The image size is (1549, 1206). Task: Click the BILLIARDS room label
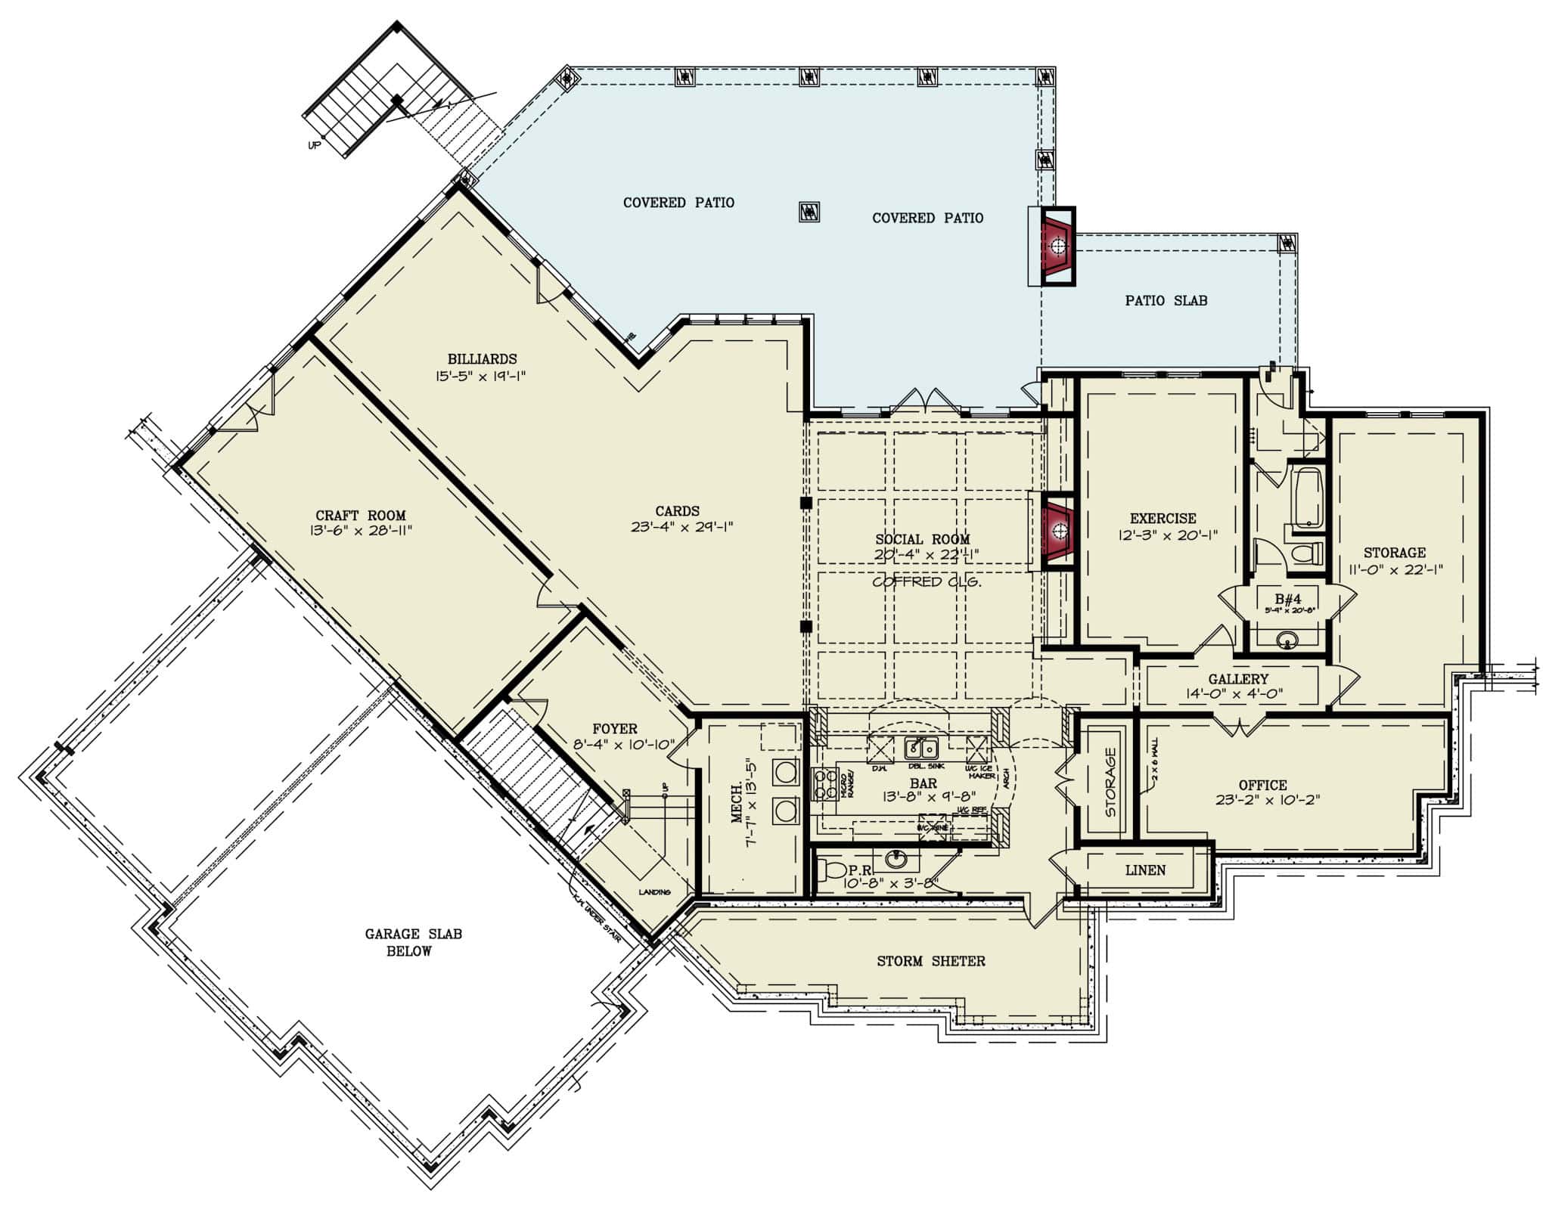pyautogui.click(x=482, y=359)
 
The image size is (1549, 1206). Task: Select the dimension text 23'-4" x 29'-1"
pyautogui.click(x=681, y=527)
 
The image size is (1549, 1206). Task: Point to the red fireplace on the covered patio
pyautogui.click(x=1058, y=246)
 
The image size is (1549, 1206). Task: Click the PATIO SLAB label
pyautogui.click(x=1166, y=301)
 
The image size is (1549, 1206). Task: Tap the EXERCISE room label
pyautogui.click(x=1163, y=519)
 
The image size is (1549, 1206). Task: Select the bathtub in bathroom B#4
pyautogui.click(x=1306, y=498)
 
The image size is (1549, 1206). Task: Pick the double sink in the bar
pyautogui.click(x=921, y=749)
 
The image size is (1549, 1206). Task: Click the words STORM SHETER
pyautogui.click(x=930, y=961)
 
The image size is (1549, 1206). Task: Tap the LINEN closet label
pyautogui.click(x=1145, y=870)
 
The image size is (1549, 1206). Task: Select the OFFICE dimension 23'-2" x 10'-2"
pyautogui.click(x=1268, y=800)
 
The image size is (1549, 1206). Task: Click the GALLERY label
pyautogui.click(x=1237, y=679)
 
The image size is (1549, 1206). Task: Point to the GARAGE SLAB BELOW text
pyautogui.click(x=413, y=942)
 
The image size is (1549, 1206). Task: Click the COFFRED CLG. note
pyautogui.click(x=927, y=581)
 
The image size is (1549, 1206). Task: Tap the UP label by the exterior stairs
pyautogui.click(x=314, y=145)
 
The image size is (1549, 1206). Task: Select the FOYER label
pyautogui.click(x=614, y=729)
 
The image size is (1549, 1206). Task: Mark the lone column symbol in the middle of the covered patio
pyautogui.click(x=809, y=211)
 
